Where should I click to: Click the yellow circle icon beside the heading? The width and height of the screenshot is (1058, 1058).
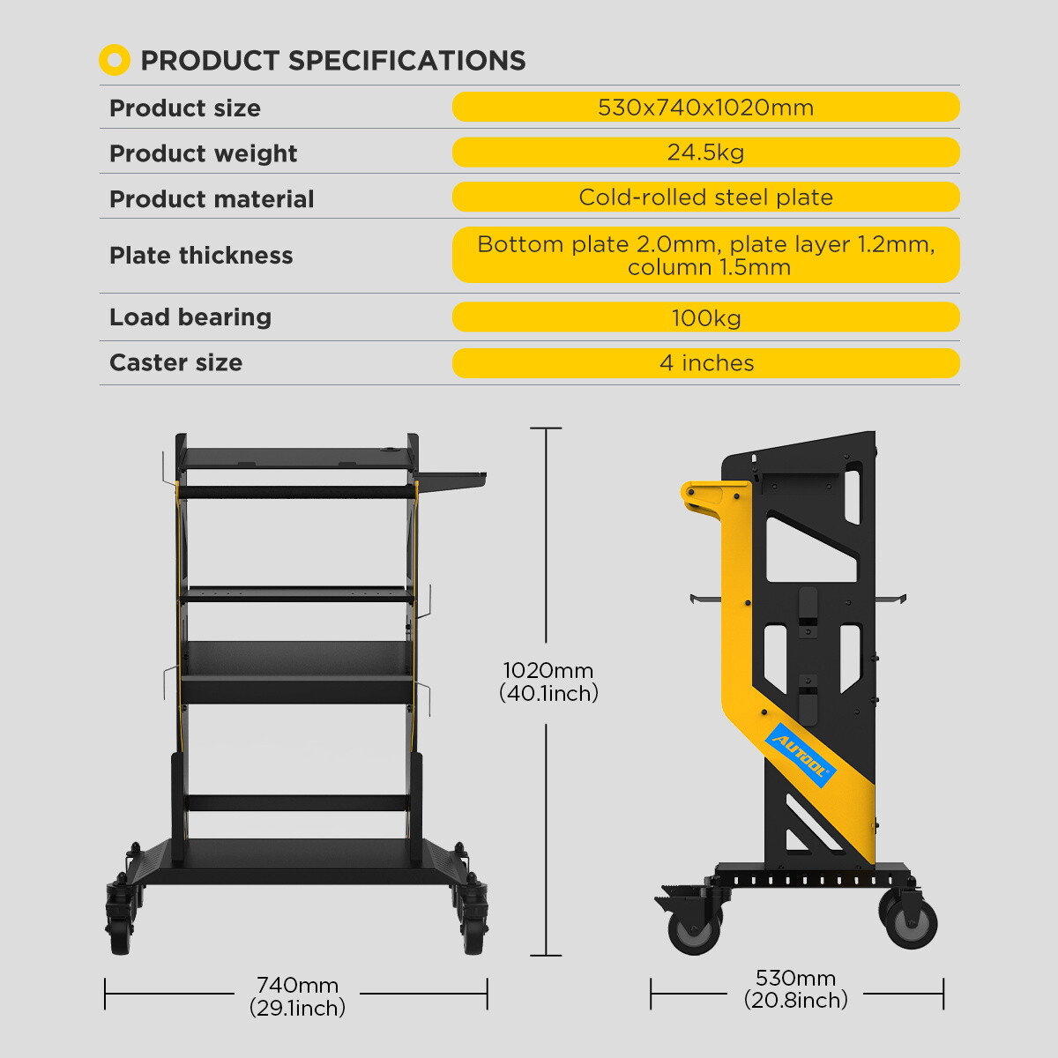point(115,60)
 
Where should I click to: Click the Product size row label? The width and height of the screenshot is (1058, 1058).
point(184,108)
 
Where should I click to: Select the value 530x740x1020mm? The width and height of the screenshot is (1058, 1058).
point(705,108)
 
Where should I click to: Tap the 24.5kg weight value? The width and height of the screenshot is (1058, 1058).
point(705,153)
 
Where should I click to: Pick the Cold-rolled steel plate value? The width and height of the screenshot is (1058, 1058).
point(705,197)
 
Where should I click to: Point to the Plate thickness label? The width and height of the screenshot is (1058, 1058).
point(201,255)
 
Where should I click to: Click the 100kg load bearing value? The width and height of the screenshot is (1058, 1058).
point(705,317)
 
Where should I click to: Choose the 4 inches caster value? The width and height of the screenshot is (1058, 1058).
point(705,363)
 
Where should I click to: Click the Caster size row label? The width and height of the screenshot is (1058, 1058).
point(175,362)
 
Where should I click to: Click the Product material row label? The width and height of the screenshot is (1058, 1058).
point(212,198)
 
